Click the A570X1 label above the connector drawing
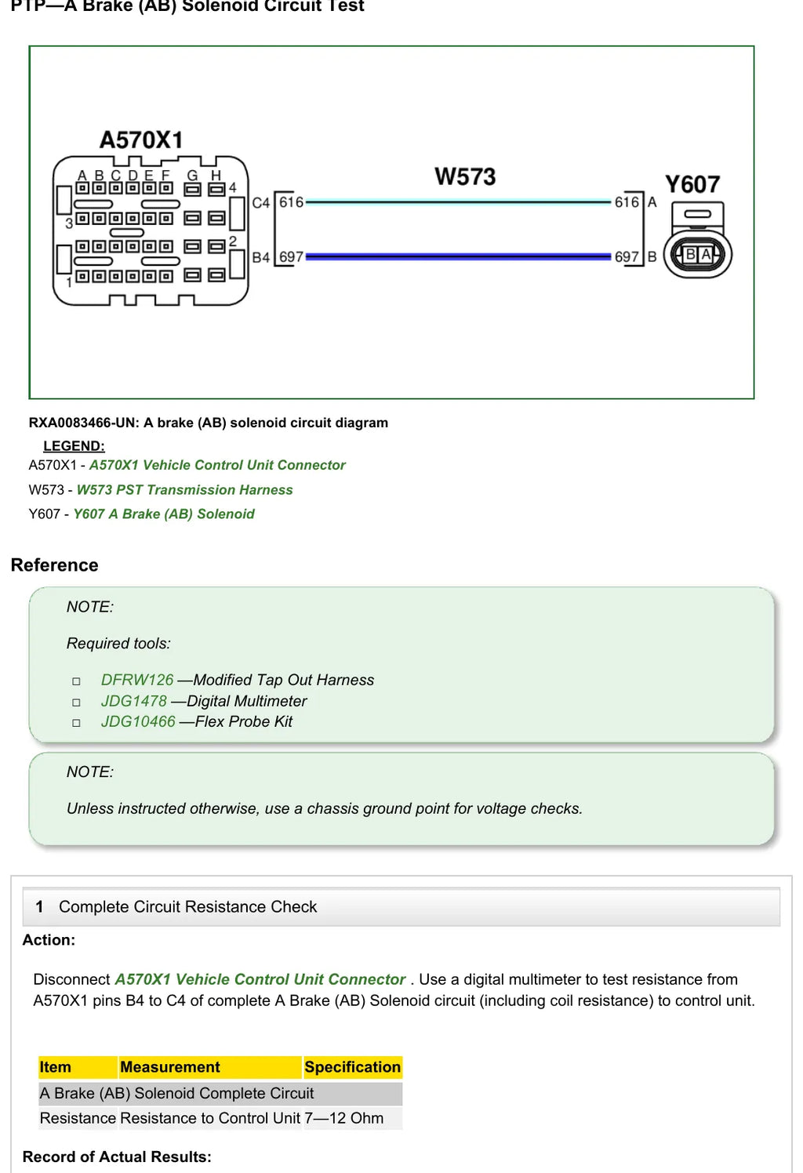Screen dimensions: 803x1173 coord(141,140)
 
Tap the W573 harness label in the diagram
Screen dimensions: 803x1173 coord(465,176)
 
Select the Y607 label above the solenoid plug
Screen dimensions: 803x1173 coord(692,184)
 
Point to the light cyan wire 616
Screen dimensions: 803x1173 coord(458,202)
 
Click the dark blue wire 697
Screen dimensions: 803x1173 coord(458,256)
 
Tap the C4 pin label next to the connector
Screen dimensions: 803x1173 coord(261,202)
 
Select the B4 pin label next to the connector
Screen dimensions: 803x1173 coord(261,257)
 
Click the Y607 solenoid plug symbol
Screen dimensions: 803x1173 coord(698,240)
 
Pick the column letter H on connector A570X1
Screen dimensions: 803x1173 coord(216,176)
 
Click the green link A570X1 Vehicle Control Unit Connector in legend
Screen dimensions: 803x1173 coord(217,465)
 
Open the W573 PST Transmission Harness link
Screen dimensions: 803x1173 coord(185,489)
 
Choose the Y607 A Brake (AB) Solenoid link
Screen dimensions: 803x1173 coord(164,514)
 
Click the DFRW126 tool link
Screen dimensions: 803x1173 coord(137,680)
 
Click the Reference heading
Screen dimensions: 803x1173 coord(54,565)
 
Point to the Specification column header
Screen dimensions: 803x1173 coord(353,1066)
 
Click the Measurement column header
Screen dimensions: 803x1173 coord(170,1066)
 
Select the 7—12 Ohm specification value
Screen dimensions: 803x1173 coord(344,1118)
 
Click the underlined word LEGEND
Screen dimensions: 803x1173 coord(74,446)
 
